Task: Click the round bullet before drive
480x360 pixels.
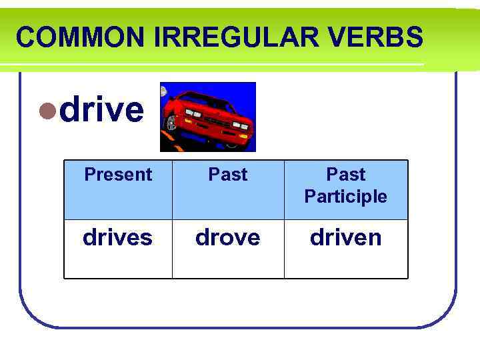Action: (48, 111)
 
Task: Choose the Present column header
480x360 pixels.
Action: (118, 175)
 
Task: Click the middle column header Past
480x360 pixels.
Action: (228, 175)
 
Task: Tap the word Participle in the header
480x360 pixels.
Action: (345, 197)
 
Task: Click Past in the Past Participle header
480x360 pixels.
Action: (345, 175)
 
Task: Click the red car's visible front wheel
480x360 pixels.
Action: (171, 123)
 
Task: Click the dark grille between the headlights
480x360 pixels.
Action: (217, 121)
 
